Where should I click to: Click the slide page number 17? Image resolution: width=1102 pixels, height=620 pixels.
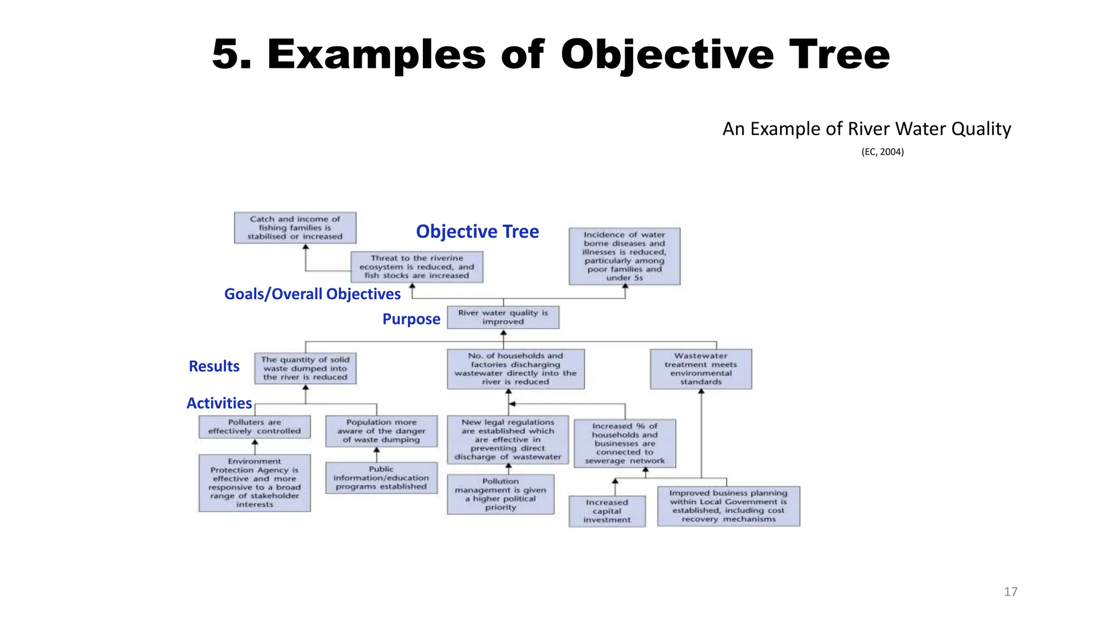point(1011,591)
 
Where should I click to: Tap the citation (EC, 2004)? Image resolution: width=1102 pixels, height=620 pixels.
point(882,152)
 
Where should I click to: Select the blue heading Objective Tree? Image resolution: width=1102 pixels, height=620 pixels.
point(477,231)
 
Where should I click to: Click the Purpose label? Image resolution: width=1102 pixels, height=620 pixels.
point(411,319)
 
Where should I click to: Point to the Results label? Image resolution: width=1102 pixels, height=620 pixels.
point(214,367)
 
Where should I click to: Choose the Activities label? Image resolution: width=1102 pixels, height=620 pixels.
point(219,403)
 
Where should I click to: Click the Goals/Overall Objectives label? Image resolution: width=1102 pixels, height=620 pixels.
point(312,294)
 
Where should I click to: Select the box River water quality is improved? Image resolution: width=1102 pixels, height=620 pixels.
point(503,318)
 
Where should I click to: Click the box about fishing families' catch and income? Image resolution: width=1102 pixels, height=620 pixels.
point(295,228)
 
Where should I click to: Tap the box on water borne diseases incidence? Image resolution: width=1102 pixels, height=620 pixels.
point(624,256)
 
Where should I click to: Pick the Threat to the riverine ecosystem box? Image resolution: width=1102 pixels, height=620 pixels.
point(416,267)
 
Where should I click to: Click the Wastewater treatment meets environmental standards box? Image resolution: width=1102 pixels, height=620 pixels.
point(701,369)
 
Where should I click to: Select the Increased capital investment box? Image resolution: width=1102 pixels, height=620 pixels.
point(607,511)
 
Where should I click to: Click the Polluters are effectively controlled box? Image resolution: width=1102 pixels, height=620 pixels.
point(255,427)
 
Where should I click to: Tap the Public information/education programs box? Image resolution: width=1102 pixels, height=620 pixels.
point(381,478)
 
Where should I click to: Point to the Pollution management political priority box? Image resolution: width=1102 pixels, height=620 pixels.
point(500,494)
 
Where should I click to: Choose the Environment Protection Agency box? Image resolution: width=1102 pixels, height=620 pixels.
point(255,483)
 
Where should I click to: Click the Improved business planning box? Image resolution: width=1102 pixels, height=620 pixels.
point(728,506)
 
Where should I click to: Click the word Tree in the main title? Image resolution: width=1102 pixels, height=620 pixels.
point(839,55)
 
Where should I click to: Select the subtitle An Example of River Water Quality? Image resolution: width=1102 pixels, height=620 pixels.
point(866,129)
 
